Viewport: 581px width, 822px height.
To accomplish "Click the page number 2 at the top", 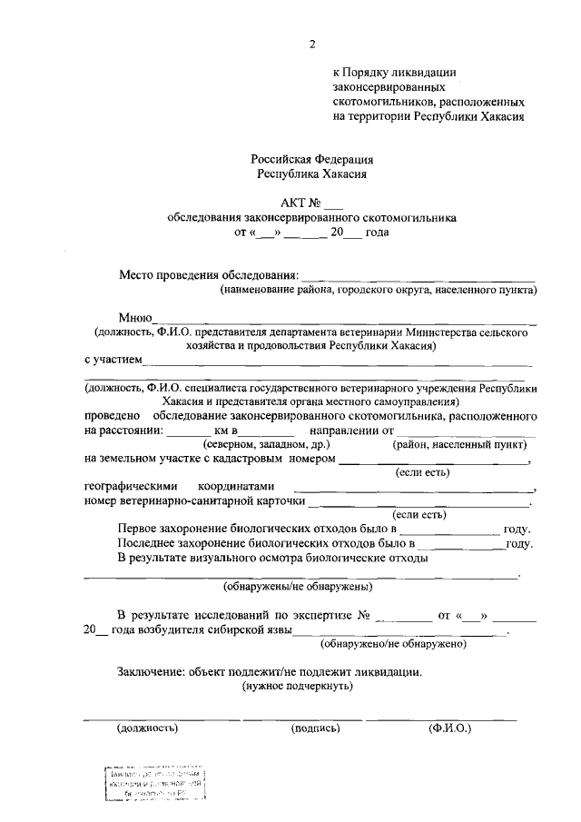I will pyautogui.click(x=312, y=43).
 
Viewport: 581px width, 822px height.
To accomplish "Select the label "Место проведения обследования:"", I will pyautogui.click(x=209, y=275).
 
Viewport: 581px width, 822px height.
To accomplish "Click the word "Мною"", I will pyautogui.click(x=134, y=316).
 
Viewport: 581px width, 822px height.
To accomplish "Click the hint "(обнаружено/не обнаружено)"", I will pyautogui.click(x=394, y=644).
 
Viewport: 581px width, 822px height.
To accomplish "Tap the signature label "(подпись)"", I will pyautogui.click(x=315, y=728).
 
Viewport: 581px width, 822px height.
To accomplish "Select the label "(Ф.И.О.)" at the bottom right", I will pyautogui.click(x=449, y=728).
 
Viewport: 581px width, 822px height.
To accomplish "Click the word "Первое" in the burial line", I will pyautogui.click(x=138, y=529).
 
